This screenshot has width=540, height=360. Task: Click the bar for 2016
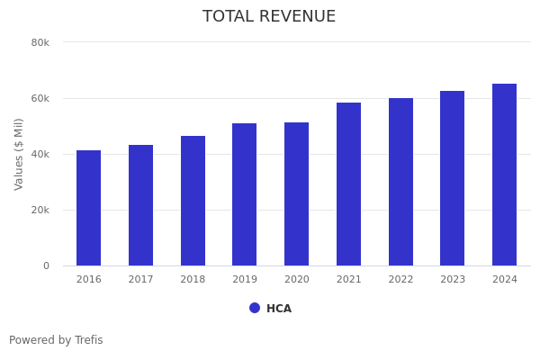coord(88,208)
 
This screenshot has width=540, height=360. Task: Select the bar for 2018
coord(193,201)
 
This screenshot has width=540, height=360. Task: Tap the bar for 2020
coord(297,194)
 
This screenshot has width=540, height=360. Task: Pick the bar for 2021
coord(349,184)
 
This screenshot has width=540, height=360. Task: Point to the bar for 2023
coord(453,178)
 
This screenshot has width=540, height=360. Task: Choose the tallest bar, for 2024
coord(505,175)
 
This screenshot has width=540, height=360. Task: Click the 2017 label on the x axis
coord(140,280)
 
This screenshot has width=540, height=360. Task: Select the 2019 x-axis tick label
coord(245,280)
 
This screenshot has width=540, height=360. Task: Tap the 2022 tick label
coord(400,280)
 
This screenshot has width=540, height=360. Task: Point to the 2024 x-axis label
coord(505,280)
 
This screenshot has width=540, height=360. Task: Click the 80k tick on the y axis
coord(40,42)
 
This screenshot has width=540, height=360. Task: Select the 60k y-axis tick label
coord(40,98)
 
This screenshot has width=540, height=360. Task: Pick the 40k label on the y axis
coord(40,154)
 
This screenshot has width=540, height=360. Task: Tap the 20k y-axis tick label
coord(40,210)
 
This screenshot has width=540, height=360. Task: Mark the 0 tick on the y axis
coord(45,265)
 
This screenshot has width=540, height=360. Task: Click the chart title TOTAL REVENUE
coord(269,17)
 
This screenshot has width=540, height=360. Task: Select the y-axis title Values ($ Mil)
coord(19,154)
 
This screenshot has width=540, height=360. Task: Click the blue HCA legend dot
coord(255,308)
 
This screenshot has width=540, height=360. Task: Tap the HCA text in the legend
coord(279,309)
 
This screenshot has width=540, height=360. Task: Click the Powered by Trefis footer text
coord(56,340)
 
